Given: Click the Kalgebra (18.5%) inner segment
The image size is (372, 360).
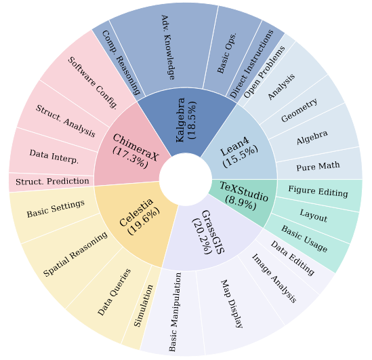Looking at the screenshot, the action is coord(186,121).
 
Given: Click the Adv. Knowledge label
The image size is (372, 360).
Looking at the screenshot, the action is coord(168,47).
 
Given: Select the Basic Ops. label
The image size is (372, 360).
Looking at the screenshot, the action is coord(226,53).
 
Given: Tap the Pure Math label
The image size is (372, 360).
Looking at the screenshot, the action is coord(318,166).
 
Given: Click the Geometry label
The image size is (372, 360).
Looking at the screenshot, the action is coord(299,110).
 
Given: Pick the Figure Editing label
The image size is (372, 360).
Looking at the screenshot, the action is coord(318,191).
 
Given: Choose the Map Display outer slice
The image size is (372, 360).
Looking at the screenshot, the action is coord(240,308).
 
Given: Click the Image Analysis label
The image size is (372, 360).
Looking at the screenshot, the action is coord(274,278).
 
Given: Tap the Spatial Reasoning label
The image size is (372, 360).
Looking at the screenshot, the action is coord(75,254).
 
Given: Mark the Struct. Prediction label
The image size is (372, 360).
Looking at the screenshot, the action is coord(52,182).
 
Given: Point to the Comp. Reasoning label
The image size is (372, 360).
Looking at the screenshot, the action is coord(121,62).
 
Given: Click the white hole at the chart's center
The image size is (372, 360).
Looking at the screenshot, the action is coord(186,180).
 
